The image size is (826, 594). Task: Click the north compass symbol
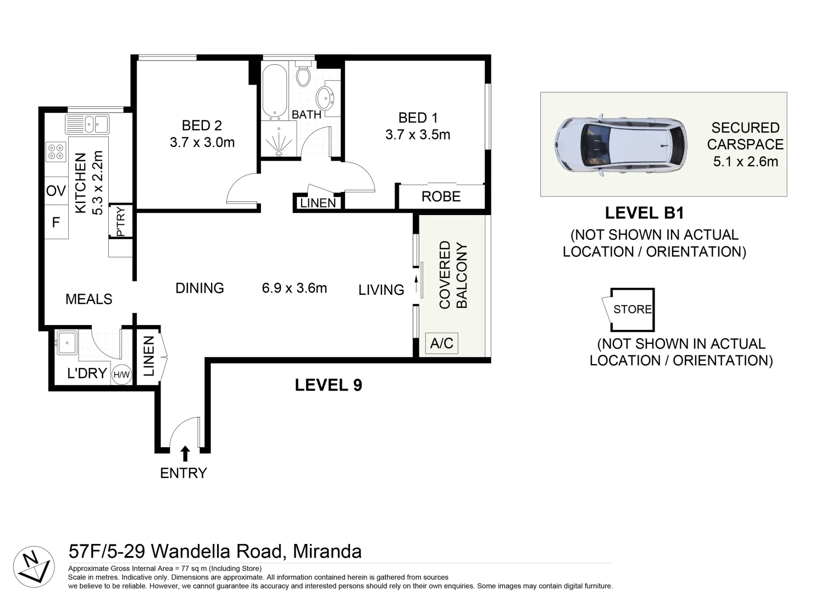34,567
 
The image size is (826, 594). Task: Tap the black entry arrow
185,454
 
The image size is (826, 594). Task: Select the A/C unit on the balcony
442,344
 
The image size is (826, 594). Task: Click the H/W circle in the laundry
121,375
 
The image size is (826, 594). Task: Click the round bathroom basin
325,98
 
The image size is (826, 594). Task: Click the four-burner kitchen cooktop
56,152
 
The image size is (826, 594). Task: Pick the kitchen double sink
87,124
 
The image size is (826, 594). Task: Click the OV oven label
56,191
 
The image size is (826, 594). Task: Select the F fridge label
56,223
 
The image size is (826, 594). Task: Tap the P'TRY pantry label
121,221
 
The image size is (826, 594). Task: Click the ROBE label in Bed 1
441,197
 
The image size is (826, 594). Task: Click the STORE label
633,310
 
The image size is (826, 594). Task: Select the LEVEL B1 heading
644,213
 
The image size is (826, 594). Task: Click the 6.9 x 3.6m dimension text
295,288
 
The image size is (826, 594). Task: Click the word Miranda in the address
328,551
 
